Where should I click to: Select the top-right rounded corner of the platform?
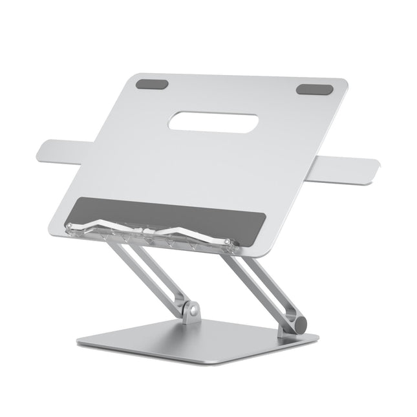343,83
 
